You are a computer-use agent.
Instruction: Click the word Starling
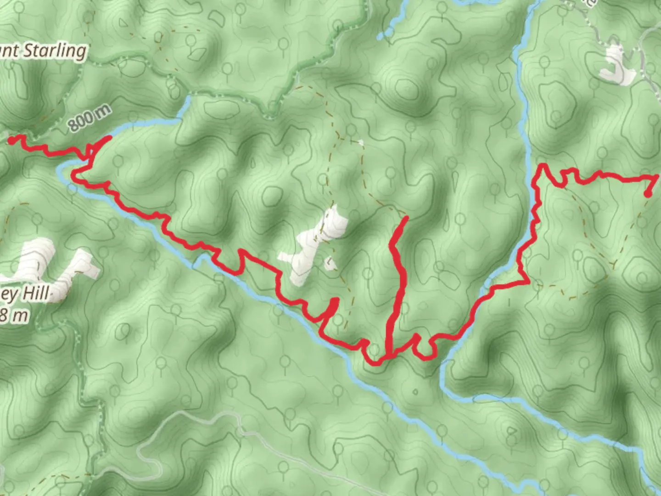click(54, 50)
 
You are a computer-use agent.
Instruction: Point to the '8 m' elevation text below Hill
click(15, 315)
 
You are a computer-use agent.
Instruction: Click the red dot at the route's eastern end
click(648, 194)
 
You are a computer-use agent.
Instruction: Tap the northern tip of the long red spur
click(406, 218)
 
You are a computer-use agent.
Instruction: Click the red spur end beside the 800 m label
click(110, 137)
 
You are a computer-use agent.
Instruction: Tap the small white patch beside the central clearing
click(329, 264)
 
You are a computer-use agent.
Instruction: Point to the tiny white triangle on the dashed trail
click(360, 142)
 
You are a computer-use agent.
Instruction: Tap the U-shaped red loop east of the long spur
click(423, 349)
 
